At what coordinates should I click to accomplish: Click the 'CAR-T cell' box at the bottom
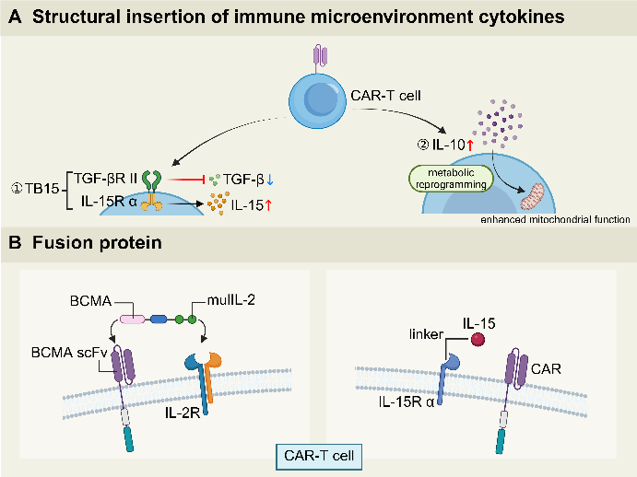(x=317, y=455)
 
